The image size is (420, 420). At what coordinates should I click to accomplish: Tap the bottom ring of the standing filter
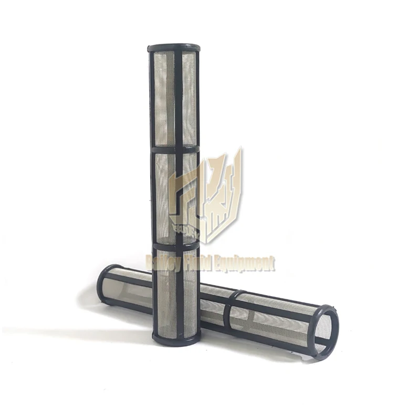176,337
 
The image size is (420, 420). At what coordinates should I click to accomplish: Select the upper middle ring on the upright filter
175,150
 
